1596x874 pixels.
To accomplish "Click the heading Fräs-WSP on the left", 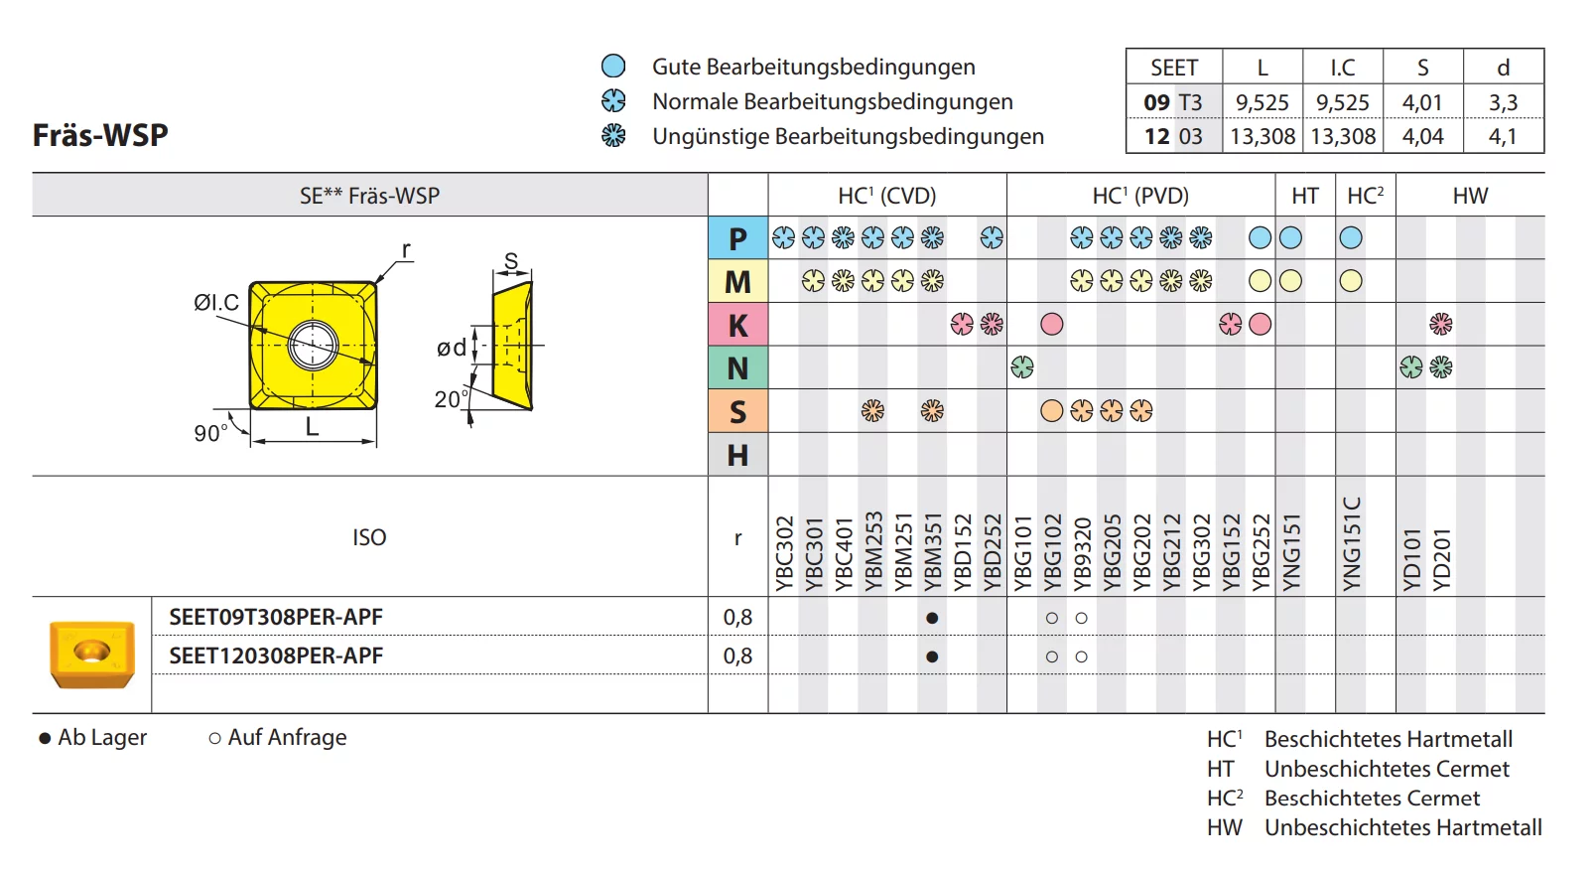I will point(100,135).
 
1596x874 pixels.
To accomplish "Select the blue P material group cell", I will point(737,238).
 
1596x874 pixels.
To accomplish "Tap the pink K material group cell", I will point(737,325).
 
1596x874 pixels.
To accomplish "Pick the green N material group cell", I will point(737,368).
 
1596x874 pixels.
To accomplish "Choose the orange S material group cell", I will point(737,411).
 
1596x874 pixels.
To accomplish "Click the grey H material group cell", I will point(737,455).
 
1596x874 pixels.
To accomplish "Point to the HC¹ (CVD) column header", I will point(886,196).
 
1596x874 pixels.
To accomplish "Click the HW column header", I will point(1470,196).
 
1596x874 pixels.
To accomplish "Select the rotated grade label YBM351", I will point(933,552).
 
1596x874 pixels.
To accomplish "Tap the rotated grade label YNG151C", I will point(1352,544).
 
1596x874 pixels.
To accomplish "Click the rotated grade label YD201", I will point(1442,559).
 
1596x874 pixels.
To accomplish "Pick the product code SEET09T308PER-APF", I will point(276,617).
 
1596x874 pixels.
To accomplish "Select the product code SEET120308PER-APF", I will point(276,655).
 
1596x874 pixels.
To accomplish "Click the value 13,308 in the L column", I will point(1263,136).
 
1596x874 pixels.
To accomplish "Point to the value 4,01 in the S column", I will point(1422,102).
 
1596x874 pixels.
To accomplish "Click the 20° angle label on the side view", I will point(451,399).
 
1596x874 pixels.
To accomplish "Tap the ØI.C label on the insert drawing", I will point(216,302).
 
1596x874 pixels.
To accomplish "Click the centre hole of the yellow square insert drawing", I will point(314,346).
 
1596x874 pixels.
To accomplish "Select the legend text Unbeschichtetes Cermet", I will point(1387,769).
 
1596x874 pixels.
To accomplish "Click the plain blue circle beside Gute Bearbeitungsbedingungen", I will point(613,67).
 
